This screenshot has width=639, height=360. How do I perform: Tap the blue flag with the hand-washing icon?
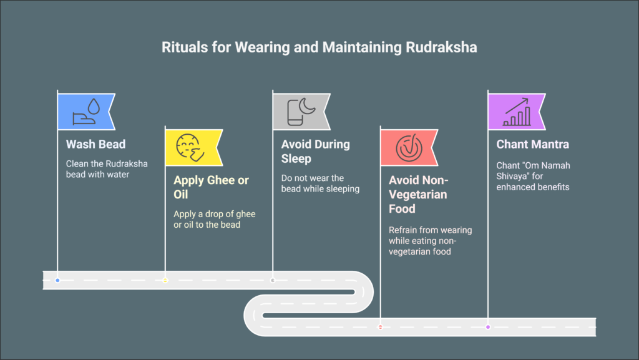85,111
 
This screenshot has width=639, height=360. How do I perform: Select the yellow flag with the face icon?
193,148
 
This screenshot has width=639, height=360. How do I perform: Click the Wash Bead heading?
95,144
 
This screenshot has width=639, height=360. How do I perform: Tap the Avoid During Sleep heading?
315,152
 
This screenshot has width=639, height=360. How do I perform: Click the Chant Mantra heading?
532,144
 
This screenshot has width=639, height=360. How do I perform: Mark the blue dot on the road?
57,280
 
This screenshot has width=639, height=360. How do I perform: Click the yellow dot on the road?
165,280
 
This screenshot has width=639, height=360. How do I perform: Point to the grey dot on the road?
273,280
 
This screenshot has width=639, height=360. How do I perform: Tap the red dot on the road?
381,327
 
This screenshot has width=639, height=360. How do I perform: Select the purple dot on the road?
488,327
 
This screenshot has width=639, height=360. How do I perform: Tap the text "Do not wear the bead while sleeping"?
320,183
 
